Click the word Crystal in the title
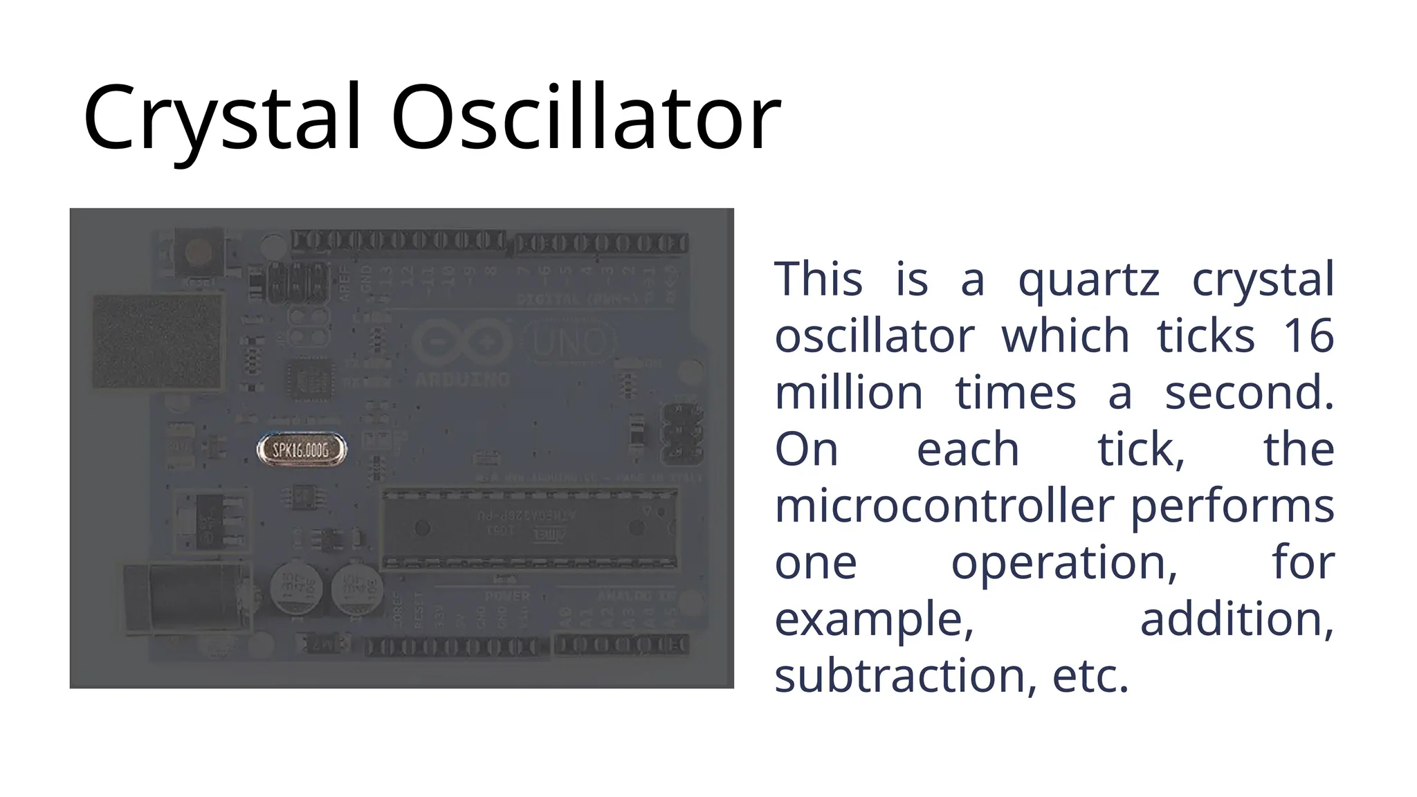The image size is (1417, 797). tap(221, 118)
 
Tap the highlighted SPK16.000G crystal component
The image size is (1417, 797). tap(301, 450)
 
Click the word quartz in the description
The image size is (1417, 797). tap(1088, 280)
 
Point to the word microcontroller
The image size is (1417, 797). tap(944, 506)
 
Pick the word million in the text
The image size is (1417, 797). tap(849, 393)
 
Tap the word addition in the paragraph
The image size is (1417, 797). tap(1236, 619)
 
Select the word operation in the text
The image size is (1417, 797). tap(1064, 563)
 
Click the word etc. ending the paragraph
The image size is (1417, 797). tap(1090, 676)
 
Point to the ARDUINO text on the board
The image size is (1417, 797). tap(462, 379)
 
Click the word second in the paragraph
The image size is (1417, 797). tap(1248, 393)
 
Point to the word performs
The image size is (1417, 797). tap(1232, 506)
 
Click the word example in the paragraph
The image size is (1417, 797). tap(874, 619)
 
